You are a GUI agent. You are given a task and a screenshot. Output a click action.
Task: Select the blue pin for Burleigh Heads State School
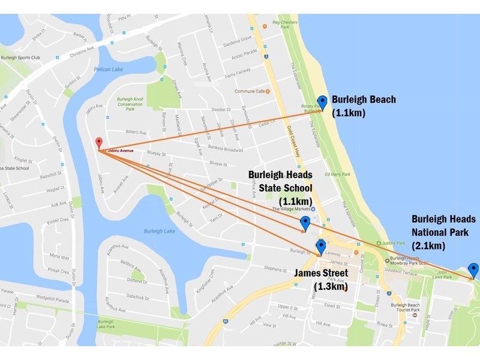[x=305, y=224]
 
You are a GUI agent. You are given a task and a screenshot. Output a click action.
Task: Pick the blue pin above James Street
[x=320, y=246]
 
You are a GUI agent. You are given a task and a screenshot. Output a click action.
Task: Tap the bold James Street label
[x=321, y=274]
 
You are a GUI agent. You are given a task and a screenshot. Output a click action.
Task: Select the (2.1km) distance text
[x=428, y=245]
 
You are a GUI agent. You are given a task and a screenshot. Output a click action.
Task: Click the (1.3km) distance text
[x=331, y=287]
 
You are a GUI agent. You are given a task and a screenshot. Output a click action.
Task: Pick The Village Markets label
[x=293, y=209]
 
